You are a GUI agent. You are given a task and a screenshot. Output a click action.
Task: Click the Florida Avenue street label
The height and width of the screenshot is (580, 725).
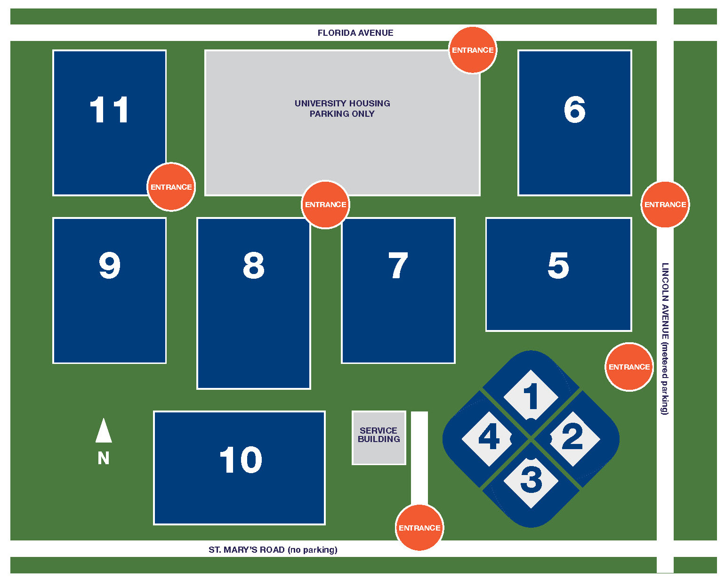[x=355, y=33]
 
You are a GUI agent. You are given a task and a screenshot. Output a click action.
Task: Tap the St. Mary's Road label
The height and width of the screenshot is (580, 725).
[x=273, y=549]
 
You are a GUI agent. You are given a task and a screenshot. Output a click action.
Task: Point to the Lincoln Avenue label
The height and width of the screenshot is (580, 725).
[x=665, y=338]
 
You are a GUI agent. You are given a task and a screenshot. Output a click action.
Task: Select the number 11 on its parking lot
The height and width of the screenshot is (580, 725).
[x=109, y=110]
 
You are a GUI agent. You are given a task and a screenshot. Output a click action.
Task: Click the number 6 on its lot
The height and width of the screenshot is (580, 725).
[x=574, y=110]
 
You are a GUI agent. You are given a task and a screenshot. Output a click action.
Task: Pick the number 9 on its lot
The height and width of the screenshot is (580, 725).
[x=109, y=266]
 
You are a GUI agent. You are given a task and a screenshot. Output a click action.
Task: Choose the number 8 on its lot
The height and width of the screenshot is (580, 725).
[x=253, y=266]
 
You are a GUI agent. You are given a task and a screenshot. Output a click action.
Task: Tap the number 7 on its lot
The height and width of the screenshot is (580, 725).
[x=398, y=266]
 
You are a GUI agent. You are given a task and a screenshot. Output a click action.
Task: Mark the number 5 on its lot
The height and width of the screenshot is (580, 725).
[x=558, y=266]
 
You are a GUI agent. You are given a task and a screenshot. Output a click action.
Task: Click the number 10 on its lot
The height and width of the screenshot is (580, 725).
[x=241, y=460]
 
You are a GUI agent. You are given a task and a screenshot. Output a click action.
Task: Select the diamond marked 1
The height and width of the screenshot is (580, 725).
[x=531, y=396]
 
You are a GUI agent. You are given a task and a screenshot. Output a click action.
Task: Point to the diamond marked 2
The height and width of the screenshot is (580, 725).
[x=572, y=438]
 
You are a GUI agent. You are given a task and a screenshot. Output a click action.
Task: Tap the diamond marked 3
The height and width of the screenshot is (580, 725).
[x=531, y=480]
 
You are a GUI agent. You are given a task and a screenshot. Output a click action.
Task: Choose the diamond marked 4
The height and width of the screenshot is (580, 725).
[x=489, y=438]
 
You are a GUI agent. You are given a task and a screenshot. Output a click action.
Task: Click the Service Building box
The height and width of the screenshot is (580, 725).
[x=379, y=437]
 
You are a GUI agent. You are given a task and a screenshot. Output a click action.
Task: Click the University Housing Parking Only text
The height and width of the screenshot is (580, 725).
[x=342, y=109]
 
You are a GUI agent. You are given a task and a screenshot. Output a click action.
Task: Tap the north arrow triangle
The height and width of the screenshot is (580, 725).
[x=104, y=431]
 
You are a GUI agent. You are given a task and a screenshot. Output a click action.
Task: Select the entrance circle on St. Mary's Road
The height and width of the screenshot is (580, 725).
[x=419, y=528]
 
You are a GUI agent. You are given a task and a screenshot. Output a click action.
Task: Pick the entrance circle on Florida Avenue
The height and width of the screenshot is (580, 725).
[x=473, y=50]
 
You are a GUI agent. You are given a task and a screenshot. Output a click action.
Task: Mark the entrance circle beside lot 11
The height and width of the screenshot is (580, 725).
[x=171, y=187]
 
